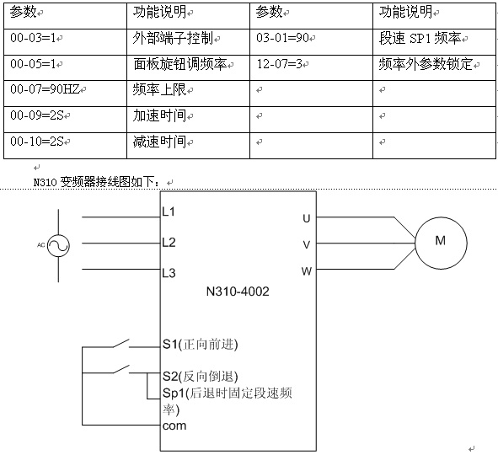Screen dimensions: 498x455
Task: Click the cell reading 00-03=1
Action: (x=65, y=42)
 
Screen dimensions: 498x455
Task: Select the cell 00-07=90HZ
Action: (x=65, y=94)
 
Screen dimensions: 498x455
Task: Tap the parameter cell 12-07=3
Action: (x=311, y=67)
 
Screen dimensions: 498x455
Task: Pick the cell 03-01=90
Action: (x=311, y=42)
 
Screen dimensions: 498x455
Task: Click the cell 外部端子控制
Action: (x=189, y=42)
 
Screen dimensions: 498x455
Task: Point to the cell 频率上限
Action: (x=189, y=94)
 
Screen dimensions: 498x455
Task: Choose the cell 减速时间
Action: (x=189, y=146)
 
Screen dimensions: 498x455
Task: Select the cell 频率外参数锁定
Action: (x=434, y=67)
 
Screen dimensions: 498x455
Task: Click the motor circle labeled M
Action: (x=441, y=244)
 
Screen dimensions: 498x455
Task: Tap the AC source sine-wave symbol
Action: (x=58, y=245)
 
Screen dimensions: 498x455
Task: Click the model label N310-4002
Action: (x=238, y=292)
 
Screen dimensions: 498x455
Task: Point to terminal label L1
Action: (x=169, y=211)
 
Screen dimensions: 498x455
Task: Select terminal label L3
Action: (x=169, y=273)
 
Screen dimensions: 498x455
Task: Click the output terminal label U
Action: (x=307, y=218)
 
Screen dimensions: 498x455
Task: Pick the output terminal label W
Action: (x=307, y=271)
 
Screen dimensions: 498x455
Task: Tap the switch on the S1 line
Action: (x=121, y=344)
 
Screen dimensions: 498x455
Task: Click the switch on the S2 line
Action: (x=121, y=370)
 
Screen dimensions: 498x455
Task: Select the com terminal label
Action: (x=174, y=426)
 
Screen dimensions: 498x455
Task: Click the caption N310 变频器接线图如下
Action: (x=99, y=182)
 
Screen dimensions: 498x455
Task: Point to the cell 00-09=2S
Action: (x=65, y=120)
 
